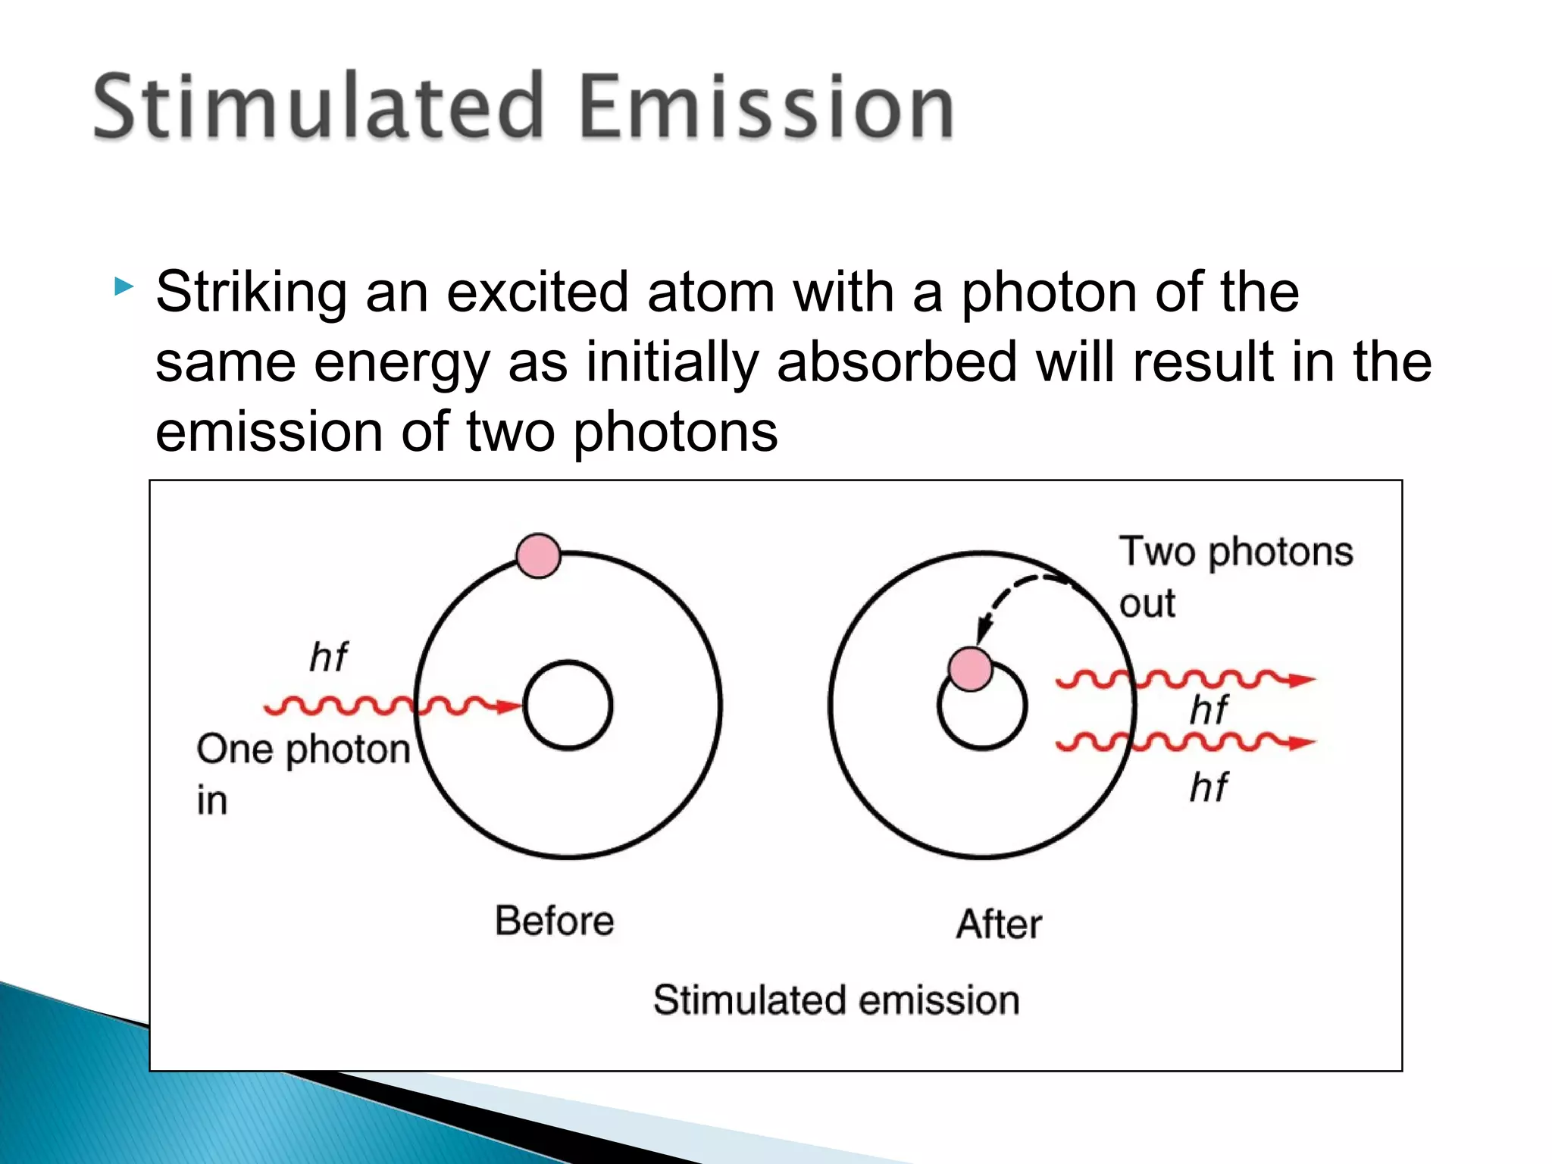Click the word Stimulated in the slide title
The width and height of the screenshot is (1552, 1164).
point(318,106)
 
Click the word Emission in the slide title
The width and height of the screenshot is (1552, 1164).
point(765,106)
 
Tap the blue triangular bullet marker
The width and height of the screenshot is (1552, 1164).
point(124,286)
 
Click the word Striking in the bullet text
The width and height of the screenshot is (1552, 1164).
point(250,293)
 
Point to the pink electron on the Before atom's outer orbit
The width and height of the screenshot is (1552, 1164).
point(538,555)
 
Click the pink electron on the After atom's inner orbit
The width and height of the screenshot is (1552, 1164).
point(971,669)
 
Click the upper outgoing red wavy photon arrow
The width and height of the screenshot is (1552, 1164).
point(1182,679)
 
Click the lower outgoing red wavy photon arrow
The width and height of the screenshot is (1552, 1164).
point(1182,741)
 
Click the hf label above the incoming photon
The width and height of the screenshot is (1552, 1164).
point(328,656)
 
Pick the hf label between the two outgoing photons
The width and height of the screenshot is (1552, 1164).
point(1208,710)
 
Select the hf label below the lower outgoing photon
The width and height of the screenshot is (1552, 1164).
point(1208,787)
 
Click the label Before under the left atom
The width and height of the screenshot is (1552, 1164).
point(554,921)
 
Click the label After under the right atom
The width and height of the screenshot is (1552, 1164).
point(999,924)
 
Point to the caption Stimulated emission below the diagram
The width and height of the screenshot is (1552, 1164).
point(836,1000)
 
